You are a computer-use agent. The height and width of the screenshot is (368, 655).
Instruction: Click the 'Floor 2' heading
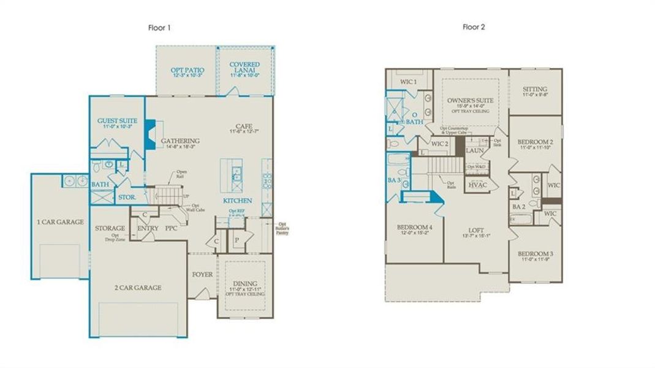[x=475, y=28]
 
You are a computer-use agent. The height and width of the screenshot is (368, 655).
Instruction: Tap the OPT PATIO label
[x=187, y=71]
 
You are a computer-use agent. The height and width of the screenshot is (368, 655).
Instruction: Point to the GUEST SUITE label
[x=117, y=121]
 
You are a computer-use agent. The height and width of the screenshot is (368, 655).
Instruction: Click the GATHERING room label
[x=181, y=141]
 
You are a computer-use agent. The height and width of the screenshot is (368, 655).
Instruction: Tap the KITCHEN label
[x=237, y=201]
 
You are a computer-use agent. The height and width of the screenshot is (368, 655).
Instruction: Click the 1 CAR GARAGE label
[x=60, y=222]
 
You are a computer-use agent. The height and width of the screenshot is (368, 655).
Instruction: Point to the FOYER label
[x=202, y=274]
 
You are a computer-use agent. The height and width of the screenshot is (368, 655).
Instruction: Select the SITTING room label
[x=535, y=90]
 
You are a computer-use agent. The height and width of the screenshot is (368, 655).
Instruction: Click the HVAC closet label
[x=477, y=185]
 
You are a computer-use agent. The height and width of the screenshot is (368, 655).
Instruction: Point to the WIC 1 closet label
[x=409, y=82]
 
